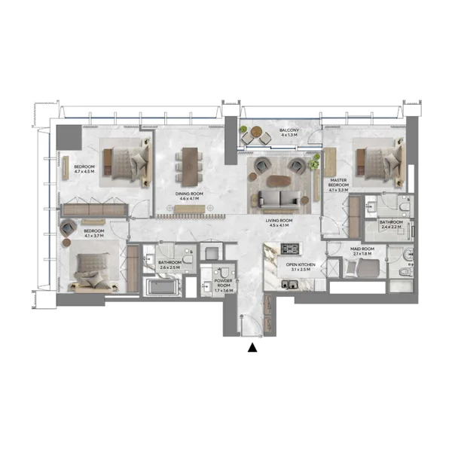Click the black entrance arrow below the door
(252, 347)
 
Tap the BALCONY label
(289, 132)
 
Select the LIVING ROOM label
(279, 221)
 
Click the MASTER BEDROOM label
(339, 184)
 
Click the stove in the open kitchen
(289, 249)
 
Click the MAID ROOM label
(363, 249)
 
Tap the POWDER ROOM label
(224, 282)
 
